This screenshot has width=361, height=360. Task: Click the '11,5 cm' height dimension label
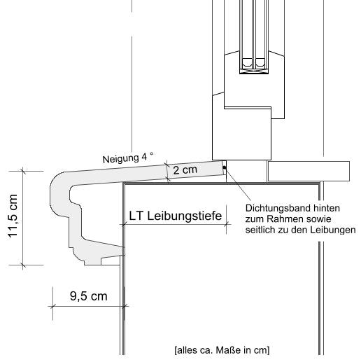point(13,217)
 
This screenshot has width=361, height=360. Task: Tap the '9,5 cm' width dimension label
point(88,296)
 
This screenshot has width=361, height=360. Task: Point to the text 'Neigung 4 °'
point(126,158)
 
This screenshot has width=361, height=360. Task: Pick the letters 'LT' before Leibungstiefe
point(137,217)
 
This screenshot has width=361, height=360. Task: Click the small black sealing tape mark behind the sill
point(224,167)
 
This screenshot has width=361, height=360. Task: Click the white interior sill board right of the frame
point(309,169)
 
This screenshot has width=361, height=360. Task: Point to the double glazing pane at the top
point(254,35)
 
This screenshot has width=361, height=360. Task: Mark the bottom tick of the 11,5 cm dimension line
point(22,265)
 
